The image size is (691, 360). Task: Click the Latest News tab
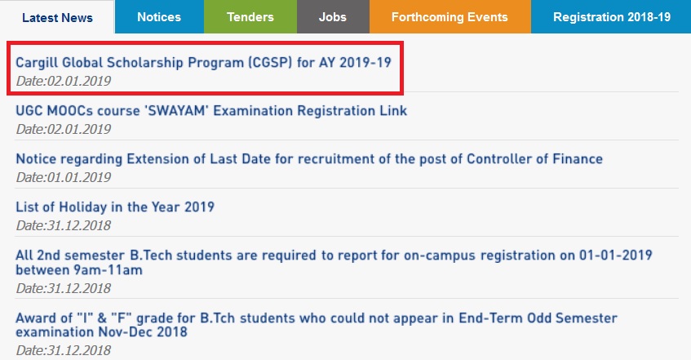[x=57, y=17]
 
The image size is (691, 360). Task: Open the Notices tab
[x=159, y=17]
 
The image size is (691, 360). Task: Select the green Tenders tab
[x=250, y=17]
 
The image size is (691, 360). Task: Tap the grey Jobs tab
[x=333, y=17]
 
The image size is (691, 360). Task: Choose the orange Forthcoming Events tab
[x=450, y=17]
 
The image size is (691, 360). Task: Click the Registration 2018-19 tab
[x=611, y=17]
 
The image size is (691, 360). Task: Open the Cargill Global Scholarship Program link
[x=203, y=62]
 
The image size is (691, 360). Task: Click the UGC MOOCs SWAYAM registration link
[x=211, y=110]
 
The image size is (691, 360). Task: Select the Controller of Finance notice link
[x=309, y=159]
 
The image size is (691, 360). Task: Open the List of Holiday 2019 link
[x=114, y=207]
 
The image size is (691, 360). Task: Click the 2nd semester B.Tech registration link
[x=334, y=262]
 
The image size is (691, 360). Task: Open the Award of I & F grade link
[x=317, y=325]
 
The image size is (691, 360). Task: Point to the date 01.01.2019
[x=64, y=177]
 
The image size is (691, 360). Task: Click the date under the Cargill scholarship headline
[x=64, y=81]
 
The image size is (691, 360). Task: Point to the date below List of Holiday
[x=64, y=225]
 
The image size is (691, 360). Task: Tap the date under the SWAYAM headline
[x=64, y=129]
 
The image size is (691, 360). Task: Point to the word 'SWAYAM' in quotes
[x=175, y=110]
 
